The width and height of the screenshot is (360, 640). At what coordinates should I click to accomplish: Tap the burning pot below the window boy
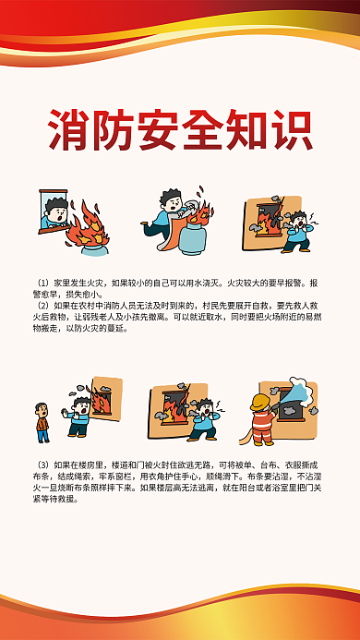[93, 248]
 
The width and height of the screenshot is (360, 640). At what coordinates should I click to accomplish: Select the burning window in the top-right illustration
[268, 218]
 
